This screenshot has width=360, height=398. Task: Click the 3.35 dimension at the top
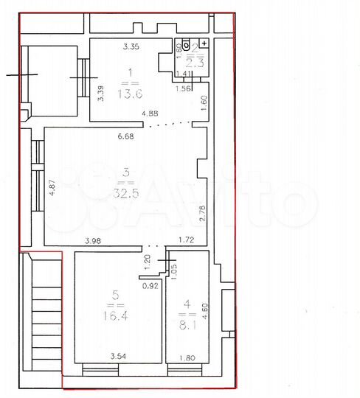131,47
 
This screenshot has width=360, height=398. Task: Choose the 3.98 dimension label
93,240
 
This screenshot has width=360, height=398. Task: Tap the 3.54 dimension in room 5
118,357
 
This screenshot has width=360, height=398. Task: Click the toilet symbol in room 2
186,43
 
